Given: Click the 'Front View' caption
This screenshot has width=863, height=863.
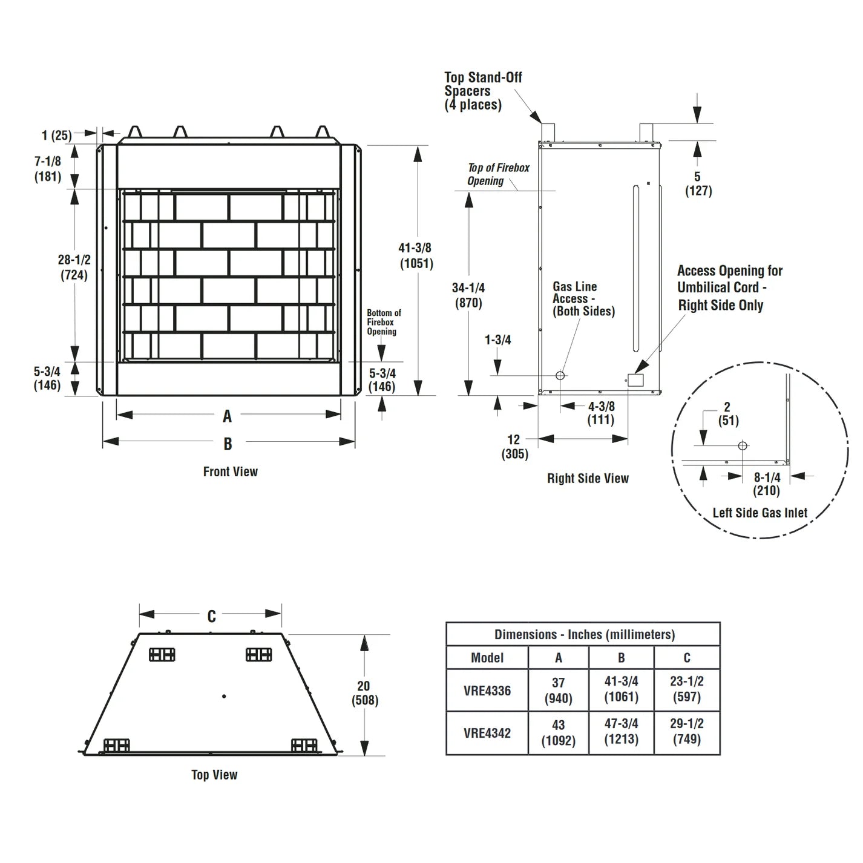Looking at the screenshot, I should (230, 471).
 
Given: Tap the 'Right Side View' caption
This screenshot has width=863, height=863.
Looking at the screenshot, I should (588, 478).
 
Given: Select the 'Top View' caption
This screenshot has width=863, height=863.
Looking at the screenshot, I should (214, 775).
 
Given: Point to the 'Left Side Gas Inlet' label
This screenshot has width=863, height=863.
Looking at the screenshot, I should (760, 513).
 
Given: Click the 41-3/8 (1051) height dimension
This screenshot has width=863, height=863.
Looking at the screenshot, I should (416, 255).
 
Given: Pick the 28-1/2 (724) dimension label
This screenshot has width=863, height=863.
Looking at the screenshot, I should (74, 267).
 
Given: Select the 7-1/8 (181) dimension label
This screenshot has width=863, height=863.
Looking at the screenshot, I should (47, 169).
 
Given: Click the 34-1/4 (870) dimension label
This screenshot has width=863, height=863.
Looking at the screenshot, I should (468, 295).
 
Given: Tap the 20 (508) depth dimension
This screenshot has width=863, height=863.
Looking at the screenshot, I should (364, 693).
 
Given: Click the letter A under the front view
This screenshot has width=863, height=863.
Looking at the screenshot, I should (227, 416).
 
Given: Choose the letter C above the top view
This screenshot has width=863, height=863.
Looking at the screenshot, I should (211, 616).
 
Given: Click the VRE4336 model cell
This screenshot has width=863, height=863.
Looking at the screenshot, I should (487, 691).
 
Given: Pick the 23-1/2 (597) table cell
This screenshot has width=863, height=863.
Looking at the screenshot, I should (686, 689).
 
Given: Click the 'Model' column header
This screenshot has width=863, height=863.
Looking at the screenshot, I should (487, 658).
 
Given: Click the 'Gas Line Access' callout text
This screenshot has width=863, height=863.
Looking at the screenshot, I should (583, 299).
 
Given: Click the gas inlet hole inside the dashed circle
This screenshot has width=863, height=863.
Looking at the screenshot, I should (743, 446).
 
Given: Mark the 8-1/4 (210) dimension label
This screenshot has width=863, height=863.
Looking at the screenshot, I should (766, 484).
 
